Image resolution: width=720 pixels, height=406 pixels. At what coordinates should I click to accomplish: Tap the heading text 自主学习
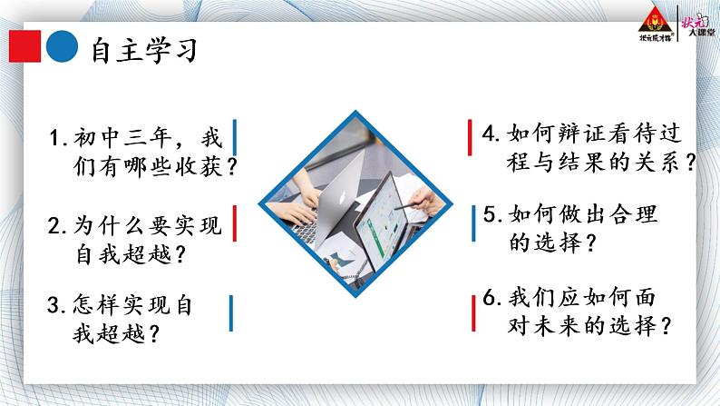pyautogui.click(x=144, y=49)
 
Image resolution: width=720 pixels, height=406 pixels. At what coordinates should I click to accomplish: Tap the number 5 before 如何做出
pyautogui.click(x=491, y=215)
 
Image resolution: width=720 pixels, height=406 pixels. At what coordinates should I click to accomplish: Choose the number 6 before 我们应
pyautogui.click(x=491, y=297)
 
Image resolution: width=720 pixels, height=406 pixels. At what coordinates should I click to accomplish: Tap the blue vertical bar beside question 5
pyautogui.click(x=472, y=223)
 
